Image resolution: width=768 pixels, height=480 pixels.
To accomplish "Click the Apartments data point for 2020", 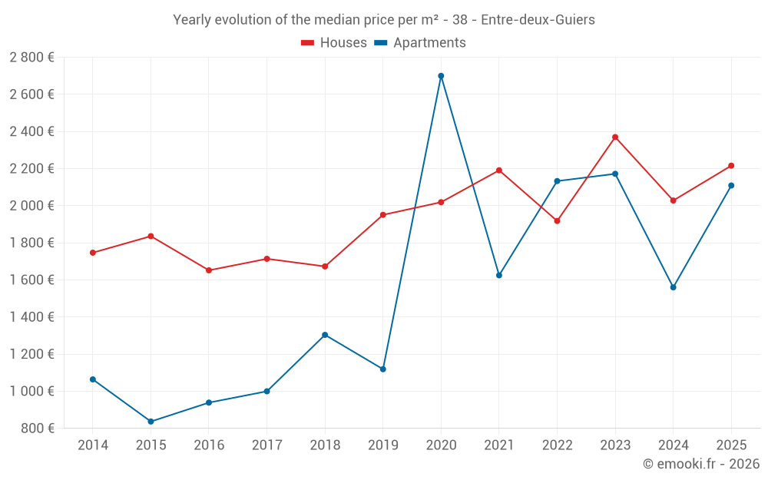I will tap(441, 76).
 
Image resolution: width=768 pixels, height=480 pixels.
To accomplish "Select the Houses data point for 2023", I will tap(615, 137).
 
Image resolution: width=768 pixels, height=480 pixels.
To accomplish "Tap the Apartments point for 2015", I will tap(151, 422).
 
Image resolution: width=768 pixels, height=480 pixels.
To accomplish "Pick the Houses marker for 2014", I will tap(93, 253).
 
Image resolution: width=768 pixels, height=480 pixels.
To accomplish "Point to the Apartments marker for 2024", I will tap(674, 287).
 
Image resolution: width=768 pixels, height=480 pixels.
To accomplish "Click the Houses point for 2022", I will tap(557, 221).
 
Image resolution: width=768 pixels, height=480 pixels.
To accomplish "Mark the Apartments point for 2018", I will tap(325, 335).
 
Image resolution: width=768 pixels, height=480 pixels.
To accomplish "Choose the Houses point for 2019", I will tap(383, 215).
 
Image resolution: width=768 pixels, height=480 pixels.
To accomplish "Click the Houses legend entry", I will tap(334, 43).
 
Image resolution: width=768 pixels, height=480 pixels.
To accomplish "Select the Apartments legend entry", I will tap(420, 43).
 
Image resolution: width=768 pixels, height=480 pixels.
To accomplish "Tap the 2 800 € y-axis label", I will tap(31, 58).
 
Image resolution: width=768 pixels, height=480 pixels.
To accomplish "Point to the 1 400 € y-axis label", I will tap(31, 317).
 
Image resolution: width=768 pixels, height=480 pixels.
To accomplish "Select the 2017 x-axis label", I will tap(266, 445).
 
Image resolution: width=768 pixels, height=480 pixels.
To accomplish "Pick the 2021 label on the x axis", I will tap(499, 445).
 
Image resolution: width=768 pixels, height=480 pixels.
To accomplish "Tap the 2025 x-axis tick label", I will tap(731, 445).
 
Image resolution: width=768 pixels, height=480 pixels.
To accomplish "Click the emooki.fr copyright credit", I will tap(700, 464).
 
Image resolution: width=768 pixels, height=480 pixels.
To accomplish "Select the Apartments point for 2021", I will tap(499, 275).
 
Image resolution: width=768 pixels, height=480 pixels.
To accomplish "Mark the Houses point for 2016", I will tap(209, 270).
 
